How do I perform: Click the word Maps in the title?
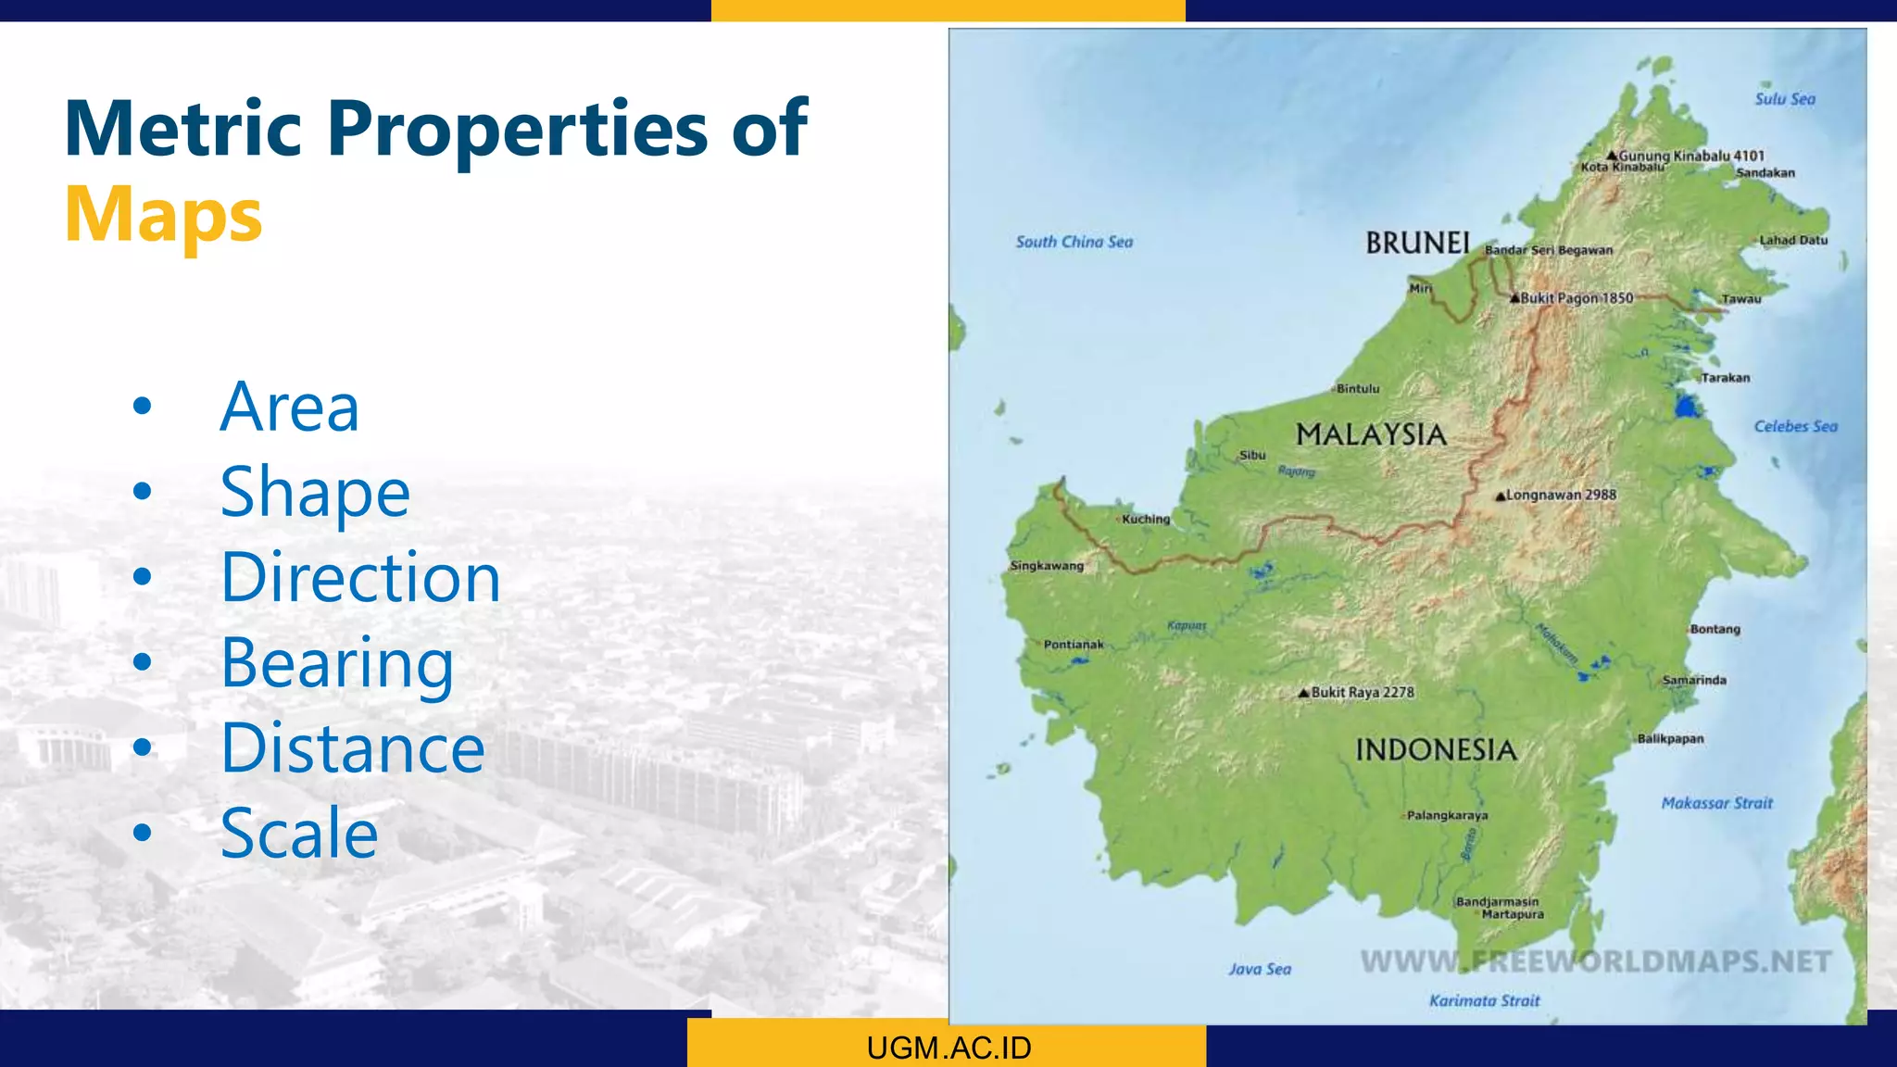[x=164, y=215]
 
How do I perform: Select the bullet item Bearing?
[x=337, y=663]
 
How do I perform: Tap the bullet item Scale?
[x=299, y=834]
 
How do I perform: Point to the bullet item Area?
[x=289, y=408]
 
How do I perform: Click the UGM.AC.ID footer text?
[x=948, y=1048]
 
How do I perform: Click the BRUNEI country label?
[x=1417, y=243]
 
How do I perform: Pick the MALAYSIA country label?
[x=1371, y=434]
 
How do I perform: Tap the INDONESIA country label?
[x=1436, y=750]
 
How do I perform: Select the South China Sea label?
[x=1074, y=242]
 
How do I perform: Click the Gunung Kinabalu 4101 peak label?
[x=1690, y=156]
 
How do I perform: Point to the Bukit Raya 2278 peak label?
[x=1361, y=692]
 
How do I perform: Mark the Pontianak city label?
[x=1074, y=644]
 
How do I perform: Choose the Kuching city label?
[x=1146, y=519]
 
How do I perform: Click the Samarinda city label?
[x=1694, y=680]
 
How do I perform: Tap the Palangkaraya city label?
[x=1447, y=815]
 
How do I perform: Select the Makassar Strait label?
[x=1716, y=803]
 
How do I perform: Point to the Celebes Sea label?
[x=1795, y=426]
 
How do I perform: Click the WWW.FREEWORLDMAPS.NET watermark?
[x=1595, y=961]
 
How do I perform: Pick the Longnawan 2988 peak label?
[x=1560, y=495]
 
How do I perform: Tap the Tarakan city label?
[x=1725, y=378]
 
